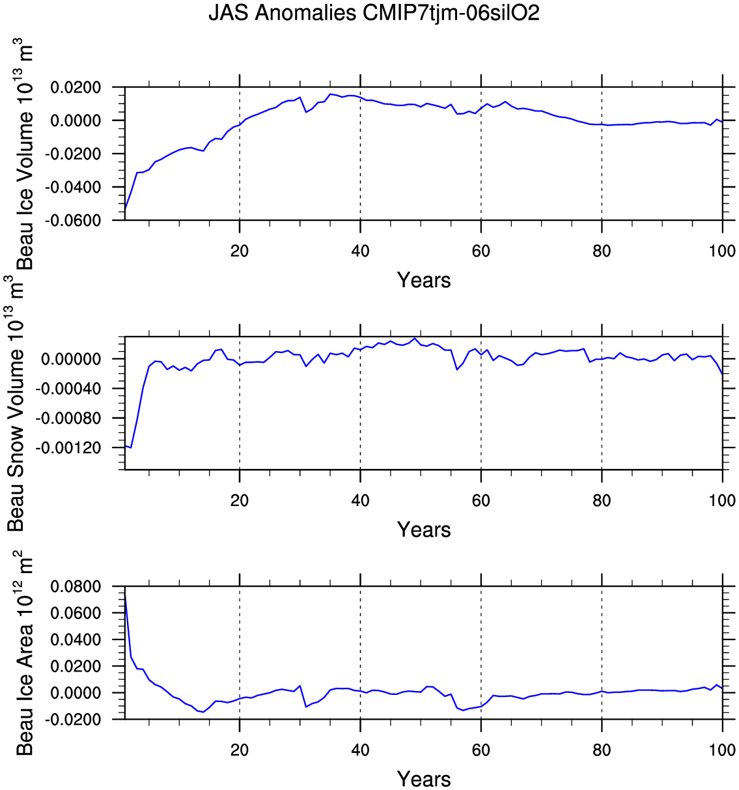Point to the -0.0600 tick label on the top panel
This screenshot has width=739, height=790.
73,221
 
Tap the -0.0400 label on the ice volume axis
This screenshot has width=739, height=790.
73,188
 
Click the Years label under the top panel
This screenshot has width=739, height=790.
424,280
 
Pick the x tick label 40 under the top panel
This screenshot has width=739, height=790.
360,251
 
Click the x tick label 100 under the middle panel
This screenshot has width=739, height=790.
722,501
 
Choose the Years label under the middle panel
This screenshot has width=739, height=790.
424,529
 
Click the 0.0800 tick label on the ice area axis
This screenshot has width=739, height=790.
76,587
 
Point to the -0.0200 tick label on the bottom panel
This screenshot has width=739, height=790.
73,720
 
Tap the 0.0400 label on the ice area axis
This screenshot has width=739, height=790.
76,640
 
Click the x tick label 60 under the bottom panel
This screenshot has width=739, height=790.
481,750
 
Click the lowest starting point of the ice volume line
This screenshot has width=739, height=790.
125,208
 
